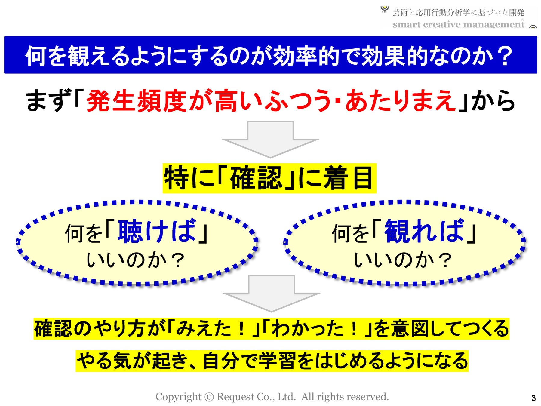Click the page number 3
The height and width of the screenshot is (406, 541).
point(533,398)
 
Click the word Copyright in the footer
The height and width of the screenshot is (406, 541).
point(178,397)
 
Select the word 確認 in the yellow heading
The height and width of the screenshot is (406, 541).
point(256,178)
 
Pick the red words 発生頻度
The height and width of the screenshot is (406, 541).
point(137,101)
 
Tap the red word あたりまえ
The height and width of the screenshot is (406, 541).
point(400,101)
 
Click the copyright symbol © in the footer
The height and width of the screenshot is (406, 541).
point(209,397)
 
